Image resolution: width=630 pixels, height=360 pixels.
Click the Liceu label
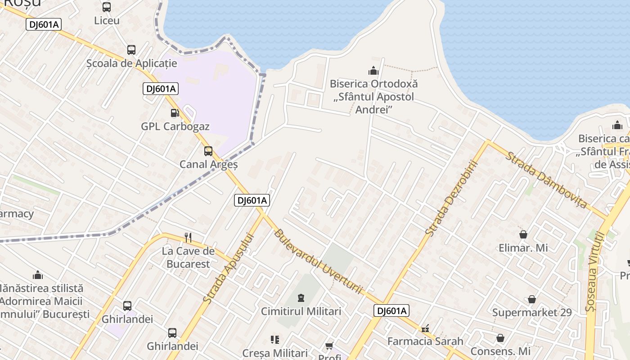tap(107, 21)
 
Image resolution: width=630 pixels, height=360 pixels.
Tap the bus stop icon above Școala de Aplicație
tap(131, 50)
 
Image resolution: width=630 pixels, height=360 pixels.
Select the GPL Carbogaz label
tap(175, 126)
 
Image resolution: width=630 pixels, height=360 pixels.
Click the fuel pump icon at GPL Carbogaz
tap(175, 113)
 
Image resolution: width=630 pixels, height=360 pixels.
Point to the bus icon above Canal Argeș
tap(208, 151)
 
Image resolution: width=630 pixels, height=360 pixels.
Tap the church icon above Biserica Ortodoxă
tap(373, 71)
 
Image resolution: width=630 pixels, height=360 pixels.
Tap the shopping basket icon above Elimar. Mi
tap(523, 234)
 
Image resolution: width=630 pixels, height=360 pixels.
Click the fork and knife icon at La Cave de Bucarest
tap(188, 238)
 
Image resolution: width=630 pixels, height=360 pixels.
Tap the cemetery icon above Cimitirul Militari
tap(301, 297)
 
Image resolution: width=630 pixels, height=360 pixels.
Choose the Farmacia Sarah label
tap(425, 342)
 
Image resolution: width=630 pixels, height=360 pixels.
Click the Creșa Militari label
tap(274, 353)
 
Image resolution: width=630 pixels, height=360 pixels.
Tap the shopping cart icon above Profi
tap(329, 346)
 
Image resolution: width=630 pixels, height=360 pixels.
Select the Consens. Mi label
tap(500, 351)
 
